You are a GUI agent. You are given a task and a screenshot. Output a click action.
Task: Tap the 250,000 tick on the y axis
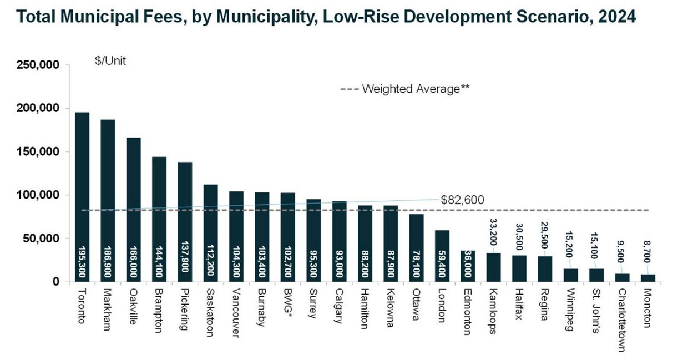[35, 65]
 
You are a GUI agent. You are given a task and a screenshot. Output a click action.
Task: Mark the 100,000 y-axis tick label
[35, 195]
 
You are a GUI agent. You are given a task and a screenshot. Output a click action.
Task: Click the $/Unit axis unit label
[111, 61]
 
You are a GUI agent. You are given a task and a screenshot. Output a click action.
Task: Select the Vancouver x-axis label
[236, 312]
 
